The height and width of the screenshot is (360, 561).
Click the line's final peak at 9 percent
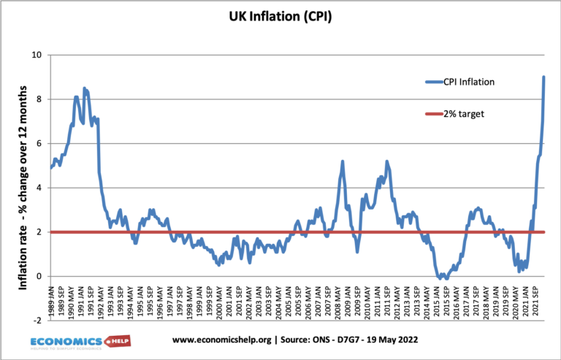pos(544,77)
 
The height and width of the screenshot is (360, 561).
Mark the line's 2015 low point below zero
pos(445,278)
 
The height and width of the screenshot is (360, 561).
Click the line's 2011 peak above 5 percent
pos(386,161)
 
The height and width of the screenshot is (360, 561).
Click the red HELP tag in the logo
pos(118,341)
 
